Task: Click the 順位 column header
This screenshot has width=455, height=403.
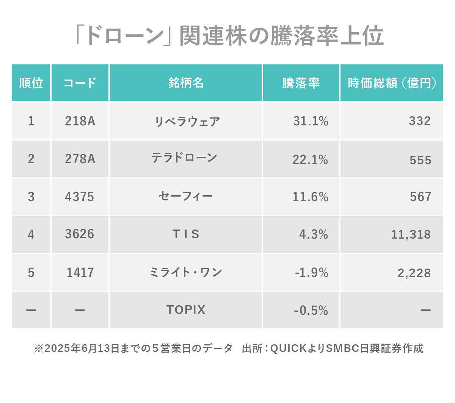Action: tap(31, 83)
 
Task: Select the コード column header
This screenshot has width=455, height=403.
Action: tap(80, 83)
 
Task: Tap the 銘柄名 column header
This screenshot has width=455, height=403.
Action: tap(186, 83)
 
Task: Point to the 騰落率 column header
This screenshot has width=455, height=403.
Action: tap(301, 83)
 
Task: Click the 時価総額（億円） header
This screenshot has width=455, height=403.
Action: tap(392, 83)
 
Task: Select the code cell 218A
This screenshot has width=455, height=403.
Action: tap(80, 121)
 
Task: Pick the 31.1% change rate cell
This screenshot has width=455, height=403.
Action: tap(311, 121)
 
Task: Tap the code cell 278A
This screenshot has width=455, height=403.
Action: tap(80, 159)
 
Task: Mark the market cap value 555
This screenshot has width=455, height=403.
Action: tap(420, 160)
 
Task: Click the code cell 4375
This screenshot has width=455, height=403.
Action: tap(80, 197)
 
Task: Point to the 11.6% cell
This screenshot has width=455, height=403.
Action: tap(311, 197)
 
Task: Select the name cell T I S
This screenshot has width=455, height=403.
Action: tap(186, 234)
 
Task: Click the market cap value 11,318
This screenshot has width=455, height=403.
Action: tap(411, 234)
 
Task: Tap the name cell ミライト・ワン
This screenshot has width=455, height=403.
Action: tap(186, 272)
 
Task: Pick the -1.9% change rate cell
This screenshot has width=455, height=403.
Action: tap(312, 272)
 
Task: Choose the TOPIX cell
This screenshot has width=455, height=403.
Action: tap(186, 310)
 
